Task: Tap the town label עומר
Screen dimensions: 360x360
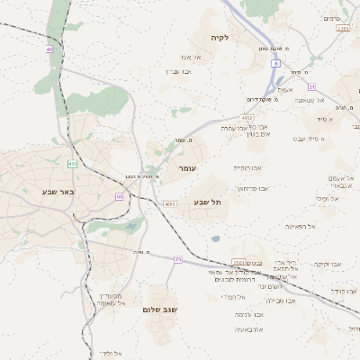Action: click(187, 168)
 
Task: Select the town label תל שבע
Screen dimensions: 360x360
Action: click(207, 202)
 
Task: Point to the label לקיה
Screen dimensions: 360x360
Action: click(220, 38)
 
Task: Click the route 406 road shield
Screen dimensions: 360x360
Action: click(71, 165)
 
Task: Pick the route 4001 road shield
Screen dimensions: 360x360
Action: click(170, 204)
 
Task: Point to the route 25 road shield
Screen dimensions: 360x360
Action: click(178, 259)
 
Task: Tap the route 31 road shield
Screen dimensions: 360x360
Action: click(311, 86)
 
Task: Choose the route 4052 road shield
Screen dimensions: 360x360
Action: click(247, 117)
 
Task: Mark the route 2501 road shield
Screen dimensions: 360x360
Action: click(238, 263)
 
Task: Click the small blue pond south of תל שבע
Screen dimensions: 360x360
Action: click(215, 238)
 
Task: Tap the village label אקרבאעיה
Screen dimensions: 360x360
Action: click(248, 329)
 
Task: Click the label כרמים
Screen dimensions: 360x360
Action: click(333, 18)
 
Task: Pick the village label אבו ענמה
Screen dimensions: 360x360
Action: click(248, 314)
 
